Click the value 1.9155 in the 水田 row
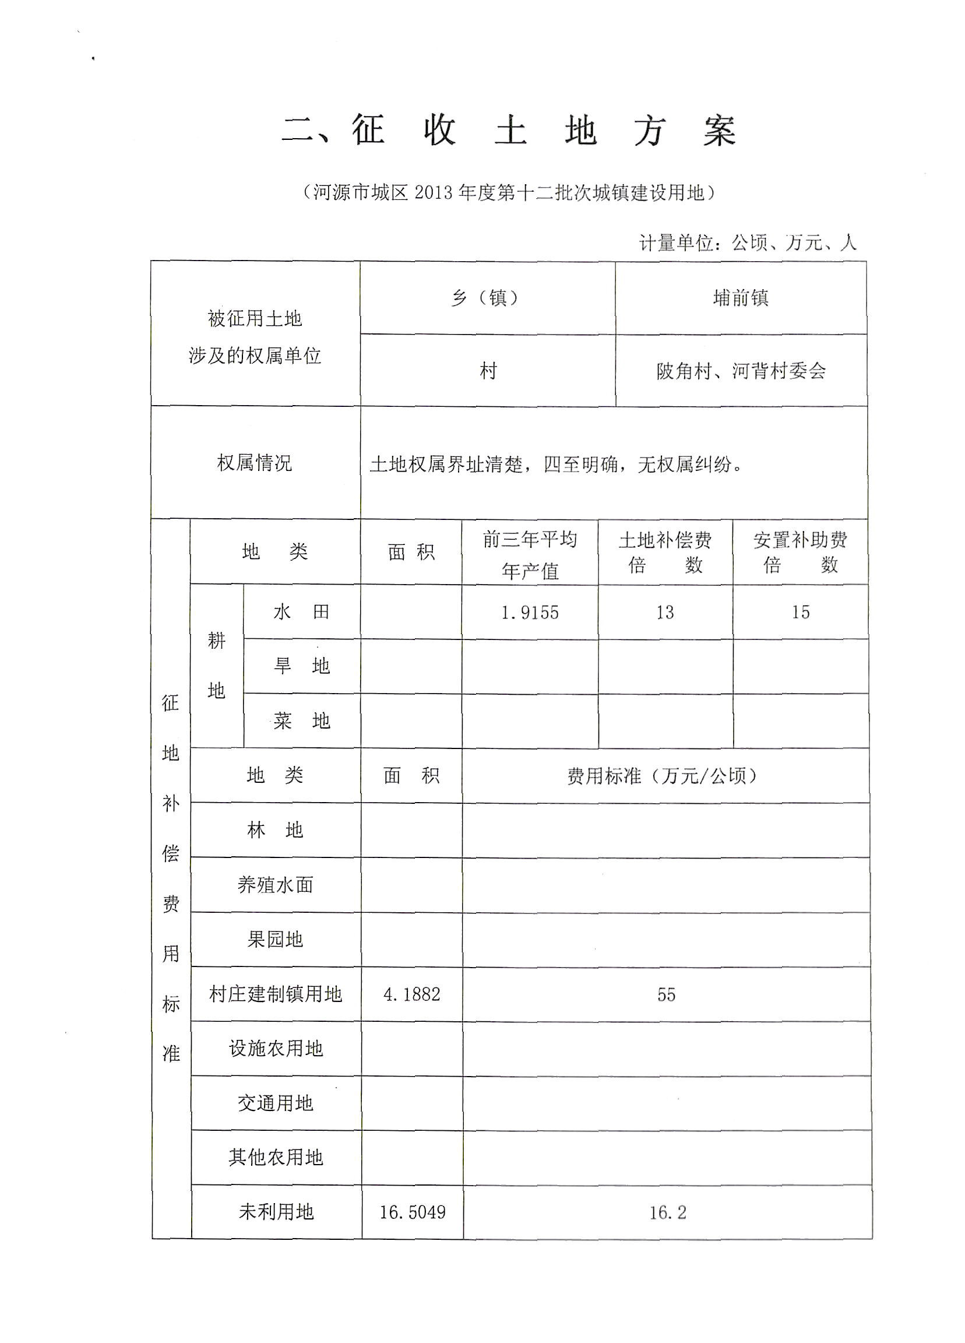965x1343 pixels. (x=529, y=612)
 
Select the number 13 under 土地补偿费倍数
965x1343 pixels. (x=665, y=612)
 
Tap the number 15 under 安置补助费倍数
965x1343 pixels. (x=801, y=612)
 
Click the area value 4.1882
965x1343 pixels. (x=412, y=994)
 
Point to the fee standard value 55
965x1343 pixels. (x=666, y=995)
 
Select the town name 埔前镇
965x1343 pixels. (x=741, y=298)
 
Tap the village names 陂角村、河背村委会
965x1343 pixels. (x=741, y=371)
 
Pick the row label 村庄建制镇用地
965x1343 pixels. (x=275, y=994)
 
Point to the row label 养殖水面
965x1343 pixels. (x=275, y=885)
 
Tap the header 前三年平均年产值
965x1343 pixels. (x=529, y=555)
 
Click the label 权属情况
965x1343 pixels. (x=255, y=463)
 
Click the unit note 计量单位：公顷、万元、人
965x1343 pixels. (x=747, y=243)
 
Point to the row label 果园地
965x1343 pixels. (x=275, y=939)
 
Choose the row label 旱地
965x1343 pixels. (x=301, y=666)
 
